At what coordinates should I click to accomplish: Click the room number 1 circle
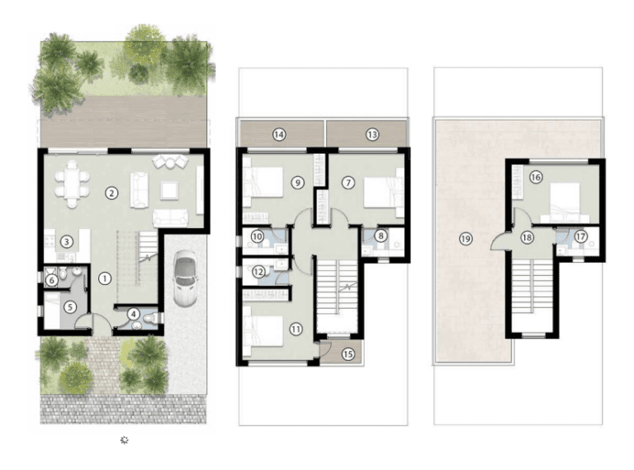pyautogui.click(x=104, y=278)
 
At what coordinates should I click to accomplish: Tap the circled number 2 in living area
pyautogui.click(x=109, y=193)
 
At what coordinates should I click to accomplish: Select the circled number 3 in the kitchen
pyautogui.click(x=66, y=241)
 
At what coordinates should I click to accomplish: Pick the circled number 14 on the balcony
pyautogui.click(x=279, y=135)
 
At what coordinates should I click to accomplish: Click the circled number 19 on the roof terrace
pyautogui.click(x=465, y=239)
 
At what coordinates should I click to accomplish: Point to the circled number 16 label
pyautogui.click(x=535, y=177)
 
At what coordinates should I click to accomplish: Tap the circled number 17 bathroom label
pyautogui.click(x=581, y=236)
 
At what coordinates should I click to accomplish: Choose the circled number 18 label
pyautogui.click(x=527, y=237)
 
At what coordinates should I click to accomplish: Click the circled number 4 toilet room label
pyautogui.click(x=134, y=314)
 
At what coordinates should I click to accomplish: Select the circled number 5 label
pyautogui.click(x=70, y=306)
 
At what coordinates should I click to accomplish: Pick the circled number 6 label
pyautogui.click(x=51, y=281)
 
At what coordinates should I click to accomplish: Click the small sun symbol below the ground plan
pyautogui.click(x=125, y=440)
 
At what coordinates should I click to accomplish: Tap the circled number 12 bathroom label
pyautogui.click(x=258, y=271)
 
